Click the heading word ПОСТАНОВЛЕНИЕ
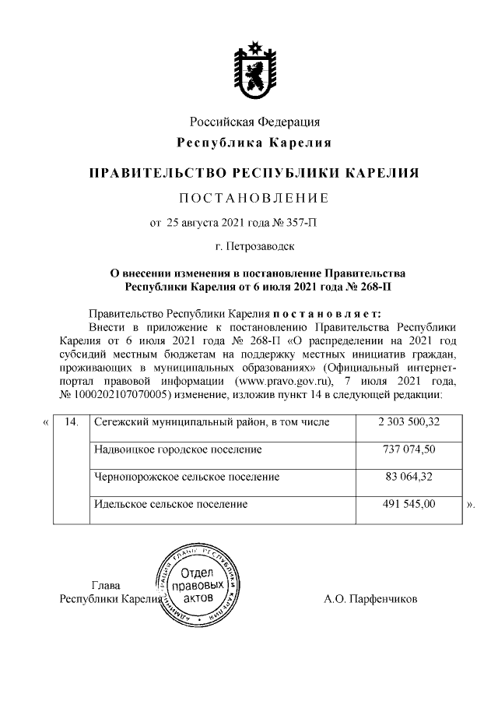254,196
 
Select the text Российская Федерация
254,122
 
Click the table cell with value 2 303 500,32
407,422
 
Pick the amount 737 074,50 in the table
407,449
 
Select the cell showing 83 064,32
407,477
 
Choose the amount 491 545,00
407,504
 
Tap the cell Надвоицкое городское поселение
177,449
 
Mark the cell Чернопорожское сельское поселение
186,477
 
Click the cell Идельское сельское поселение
170,504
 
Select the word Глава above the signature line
107,585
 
